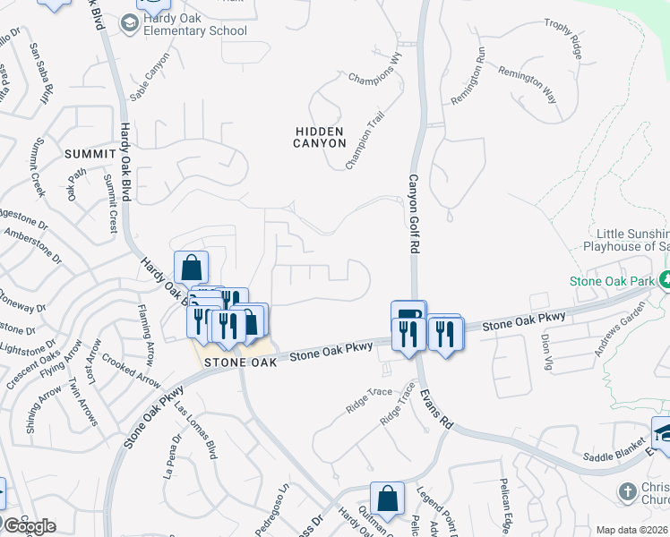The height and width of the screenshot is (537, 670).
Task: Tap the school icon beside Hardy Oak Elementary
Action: pyautogui.click(x=129, y=24)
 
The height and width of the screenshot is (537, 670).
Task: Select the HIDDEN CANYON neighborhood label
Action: pyautogui.click(x=320, y=137)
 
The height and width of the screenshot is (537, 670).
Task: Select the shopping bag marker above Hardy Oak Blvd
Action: pyautogui.click(x=192, y=267)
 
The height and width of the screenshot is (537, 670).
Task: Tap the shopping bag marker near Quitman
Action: pyautogui.click(x=387, y=499)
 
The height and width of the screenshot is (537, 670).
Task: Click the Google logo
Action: pyautogui.click(x=29, y=526)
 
